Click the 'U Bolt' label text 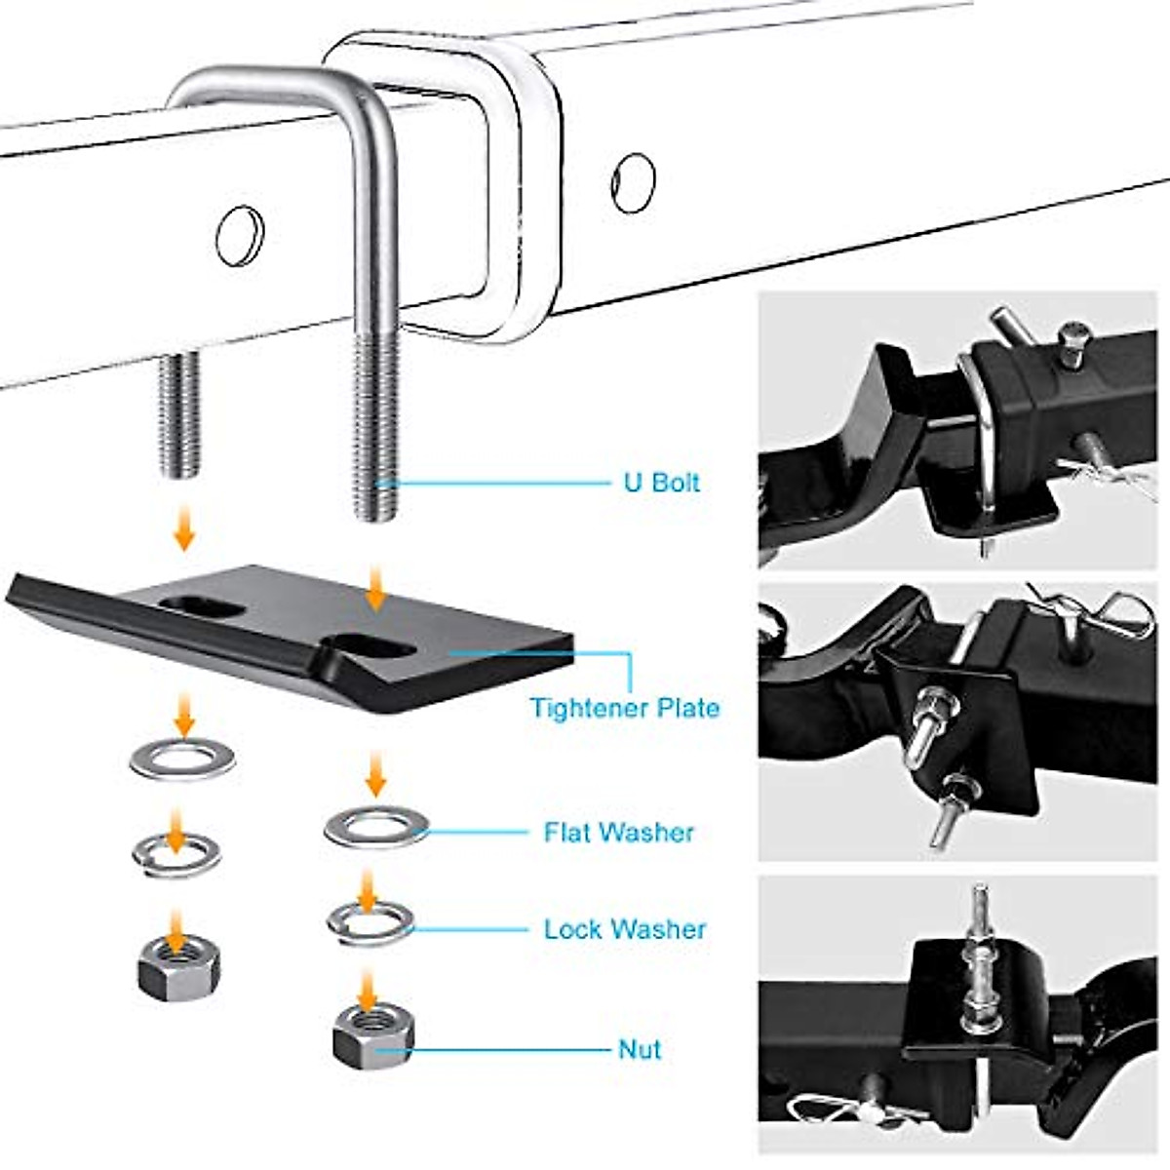click(661, 483)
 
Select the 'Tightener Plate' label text click(624, 708)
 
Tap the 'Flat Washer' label click(619, 832)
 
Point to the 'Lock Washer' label click(624, 929)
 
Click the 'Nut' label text click(640, 1049)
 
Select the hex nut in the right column click(372, 1036)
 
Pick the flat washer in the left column click(182, 759)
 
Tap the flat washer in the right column click(376, 827)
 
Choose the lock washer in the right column click(370, 921)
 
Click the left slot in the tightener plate click(202, 607)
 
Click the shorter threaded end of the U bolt click(179, 414)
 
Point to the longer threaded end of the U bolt click(376, 429)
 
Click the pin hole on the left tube click(239, 235)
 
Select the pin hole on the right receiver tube click(633, 182)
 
